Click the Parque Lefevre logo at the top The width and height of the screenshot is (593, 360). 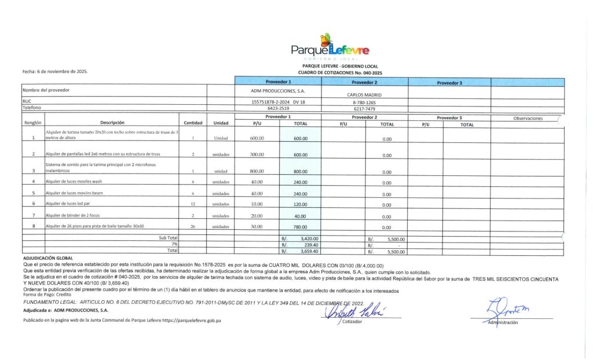pyautogui.click(x=330, y=47)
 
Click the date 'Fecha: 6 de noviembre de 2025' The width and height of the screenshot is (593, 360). pyautogui.click(x=55, y=71)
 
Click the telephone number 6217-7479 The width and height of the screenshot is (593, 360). pyautogui.click(x=364, y=108)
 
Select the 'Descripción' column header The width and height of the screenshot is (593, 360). pyautogui.click(x=112, y=123)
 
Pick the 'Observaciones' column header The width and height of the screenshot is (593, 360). pyautogui.click(x=528, y=119)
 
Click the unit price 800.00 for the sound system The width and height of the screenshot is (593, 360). pyautogui.click(x=257, y=171)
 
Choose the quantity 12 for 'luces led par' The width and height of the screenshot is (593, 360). pyautogui.click(x=192, y=204)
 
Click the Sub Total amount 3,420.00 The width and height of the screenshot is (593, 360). pyautogui.click(x=306, y=238)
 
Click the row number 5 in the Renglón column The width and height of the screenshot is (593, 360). pyautogui.click(x=34, y=193)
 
